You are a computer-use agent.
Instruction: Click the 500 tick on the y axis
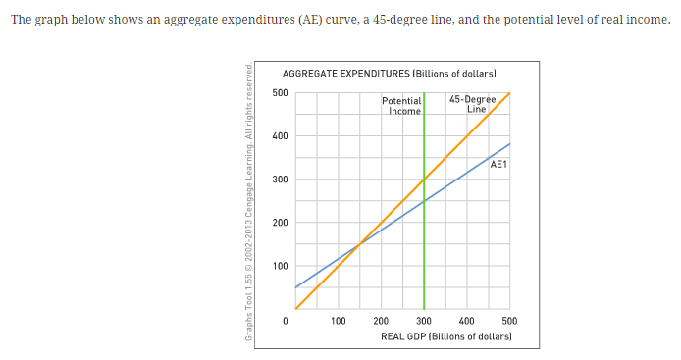tap(280, 93)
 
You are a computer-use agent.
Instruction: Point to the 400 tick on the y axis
tap(280, 136)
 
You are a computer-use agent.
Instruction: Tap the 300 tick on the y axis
tap(280, 180)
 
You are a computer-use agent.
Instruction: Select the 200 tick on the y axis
tap(280, 223)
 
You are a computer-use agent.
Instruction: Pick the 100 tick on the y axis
tap(280, 266)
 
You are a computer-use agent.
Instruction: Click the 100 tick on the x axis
tap(338, 321)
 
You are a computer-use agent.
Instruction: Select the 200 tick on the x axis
tap(381, 321)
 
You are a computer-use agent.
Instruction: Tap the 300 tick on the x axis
tap(424, 321)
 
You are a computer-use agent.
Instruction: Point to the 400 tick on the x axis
tap(467, 321)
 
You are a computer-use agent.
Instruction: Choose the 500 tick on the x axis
tap(509, 321)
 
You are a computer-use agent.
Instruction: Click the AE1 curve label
tap(498, 164)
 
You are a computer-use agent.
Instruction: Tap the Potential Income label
tap(402, 106)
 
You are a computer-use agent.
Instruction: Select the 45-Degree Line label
tap(472, 104)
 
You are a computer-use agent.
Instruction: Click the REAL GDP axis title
tap(446, 336)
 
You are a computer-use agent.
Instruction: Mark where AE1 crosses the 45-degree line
tap(359, 244)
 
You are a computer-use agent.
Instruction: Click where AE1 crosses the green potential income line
tap(424, 201)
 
